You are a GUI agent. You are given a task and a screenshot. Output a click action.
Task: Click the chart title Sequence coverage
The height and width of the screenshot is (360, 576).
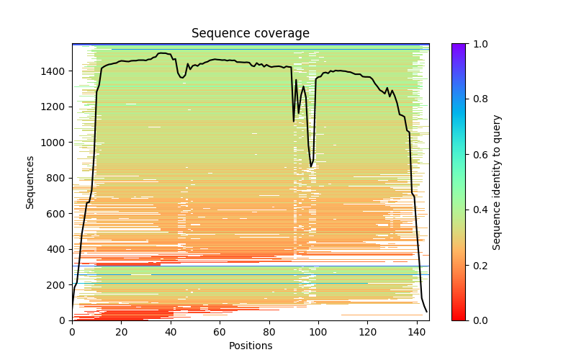tap(251, 34)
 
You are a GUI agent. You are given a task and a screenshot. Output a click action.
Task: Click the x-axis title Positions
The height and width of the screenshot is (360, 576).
tap(251, 346)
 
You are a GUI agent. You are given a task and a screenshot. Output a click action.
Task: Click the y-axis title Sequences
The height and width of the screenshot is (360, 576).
tap(30, 182)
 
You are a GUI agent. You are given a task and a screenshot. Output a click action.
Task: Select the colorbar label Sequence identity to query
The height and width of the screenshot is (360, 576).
tap(497, 182)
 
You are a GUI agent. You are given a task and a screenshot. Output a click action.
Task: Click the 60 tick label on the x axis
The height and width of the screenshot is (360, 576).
tap(220, 332)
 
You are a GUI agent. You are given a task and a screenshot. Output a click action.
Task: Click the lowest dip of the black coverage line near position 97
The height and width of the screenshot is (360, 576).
tap(311, 167)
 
